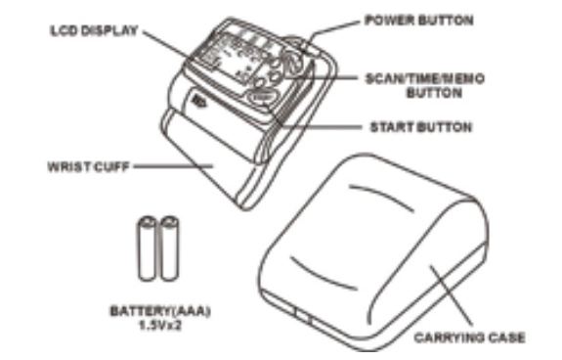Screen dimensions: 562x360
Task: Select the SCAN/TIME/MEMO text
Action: [x=425, y=78]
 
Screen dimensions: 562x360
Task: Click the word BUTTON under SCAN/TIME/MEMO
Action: [x=434, y=93]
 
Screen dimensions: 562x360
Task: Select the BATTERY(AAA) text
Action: [x=160, y=311]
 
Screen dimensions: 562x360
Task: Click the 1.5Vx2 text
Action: [x=160, y=325]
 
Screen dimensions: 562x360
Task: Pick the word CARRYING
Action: [x=447, y=337]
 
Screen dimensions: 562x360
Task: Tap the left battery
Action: [x=147, y=247]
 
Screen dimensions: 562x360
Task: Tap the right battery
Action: [x=169, y=247]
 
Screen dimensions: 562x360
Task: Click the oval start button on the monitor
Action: [x=264, y=96]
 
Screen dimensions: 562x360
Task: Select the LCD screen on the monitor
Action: [x=232, y=58]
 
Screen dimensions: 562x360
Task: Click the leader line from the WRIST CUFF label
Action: [x=173, y=166]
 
